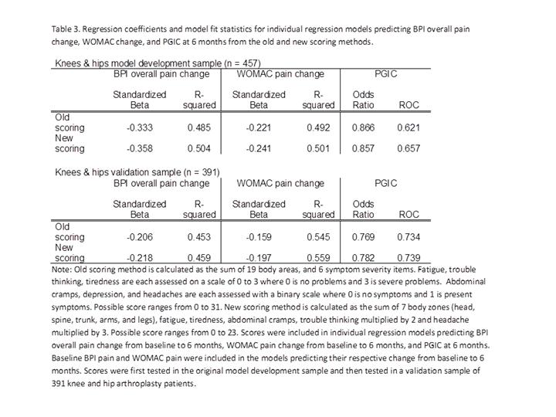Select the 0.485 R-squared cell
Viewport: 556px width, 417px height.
pyautogui.click(x=199, y=127)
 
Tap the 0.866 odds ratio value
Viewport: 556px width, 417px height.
pyautogui.click(x=363, y=127)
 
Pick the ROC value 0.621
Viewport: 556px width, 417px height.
pyautogui.click(x=409, y=127)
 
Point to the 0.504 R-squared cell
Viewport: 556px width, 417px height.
pyautogui.click(x=199, y=148)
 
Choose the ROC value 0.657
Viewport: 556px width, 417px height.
pyautogui.click(x=409, y=148)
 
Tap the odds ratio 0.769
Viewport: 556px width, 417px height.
pyautogui.click(x=363, y=237)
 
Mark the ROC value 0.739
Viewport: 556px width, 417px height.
pyautogui.click(x=409, y=257)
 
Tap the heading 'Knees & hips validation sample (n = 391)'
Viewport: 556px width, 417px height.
pyautogui.click(x=137, y=171)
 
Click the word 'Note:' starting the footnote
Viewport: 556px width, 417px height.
pyautogui.click(x=64, y=270)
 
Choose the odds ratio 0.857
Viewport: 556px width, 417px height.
pyautogui.click(x=363, y=148)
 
